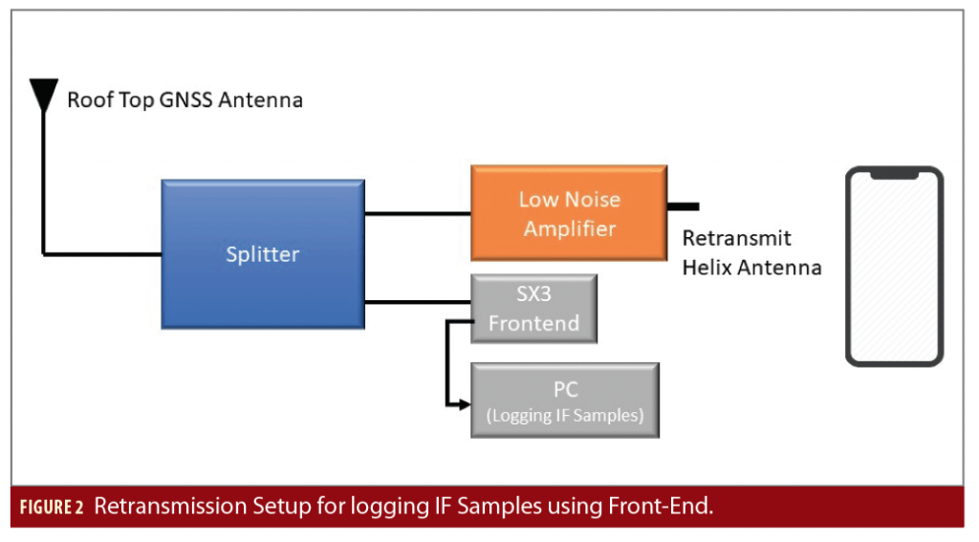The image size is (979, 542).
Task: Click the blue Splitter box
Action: point(262,254)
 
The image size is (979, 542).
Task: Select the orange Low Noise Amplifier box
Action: point(569,214)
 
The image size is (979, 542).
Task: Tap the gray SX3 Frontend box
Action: point(533,309)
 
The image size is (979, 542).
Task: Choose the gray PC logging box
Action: point(564,401)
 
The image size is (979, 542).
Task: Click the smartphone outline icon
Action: point(894,267)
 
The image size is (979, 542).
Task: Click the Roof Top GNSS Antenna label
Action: point(185,99)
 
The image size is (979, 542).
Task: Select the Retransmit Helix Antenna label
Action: point(751,253)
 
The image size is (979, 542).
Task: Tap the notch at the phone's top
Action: point(894,175)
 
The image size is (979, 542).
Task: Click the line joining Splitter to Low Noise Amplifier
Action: point(418,213)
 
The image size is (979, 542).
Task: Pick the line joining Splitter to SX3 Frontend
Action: point(418,303)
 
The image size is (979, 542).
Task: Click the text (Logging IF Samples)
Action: point(564,415)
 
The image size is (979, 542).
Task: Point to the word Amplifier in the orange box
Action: point(569,229)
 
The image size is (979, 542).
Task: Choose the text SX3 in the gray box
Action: point(533,294)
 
